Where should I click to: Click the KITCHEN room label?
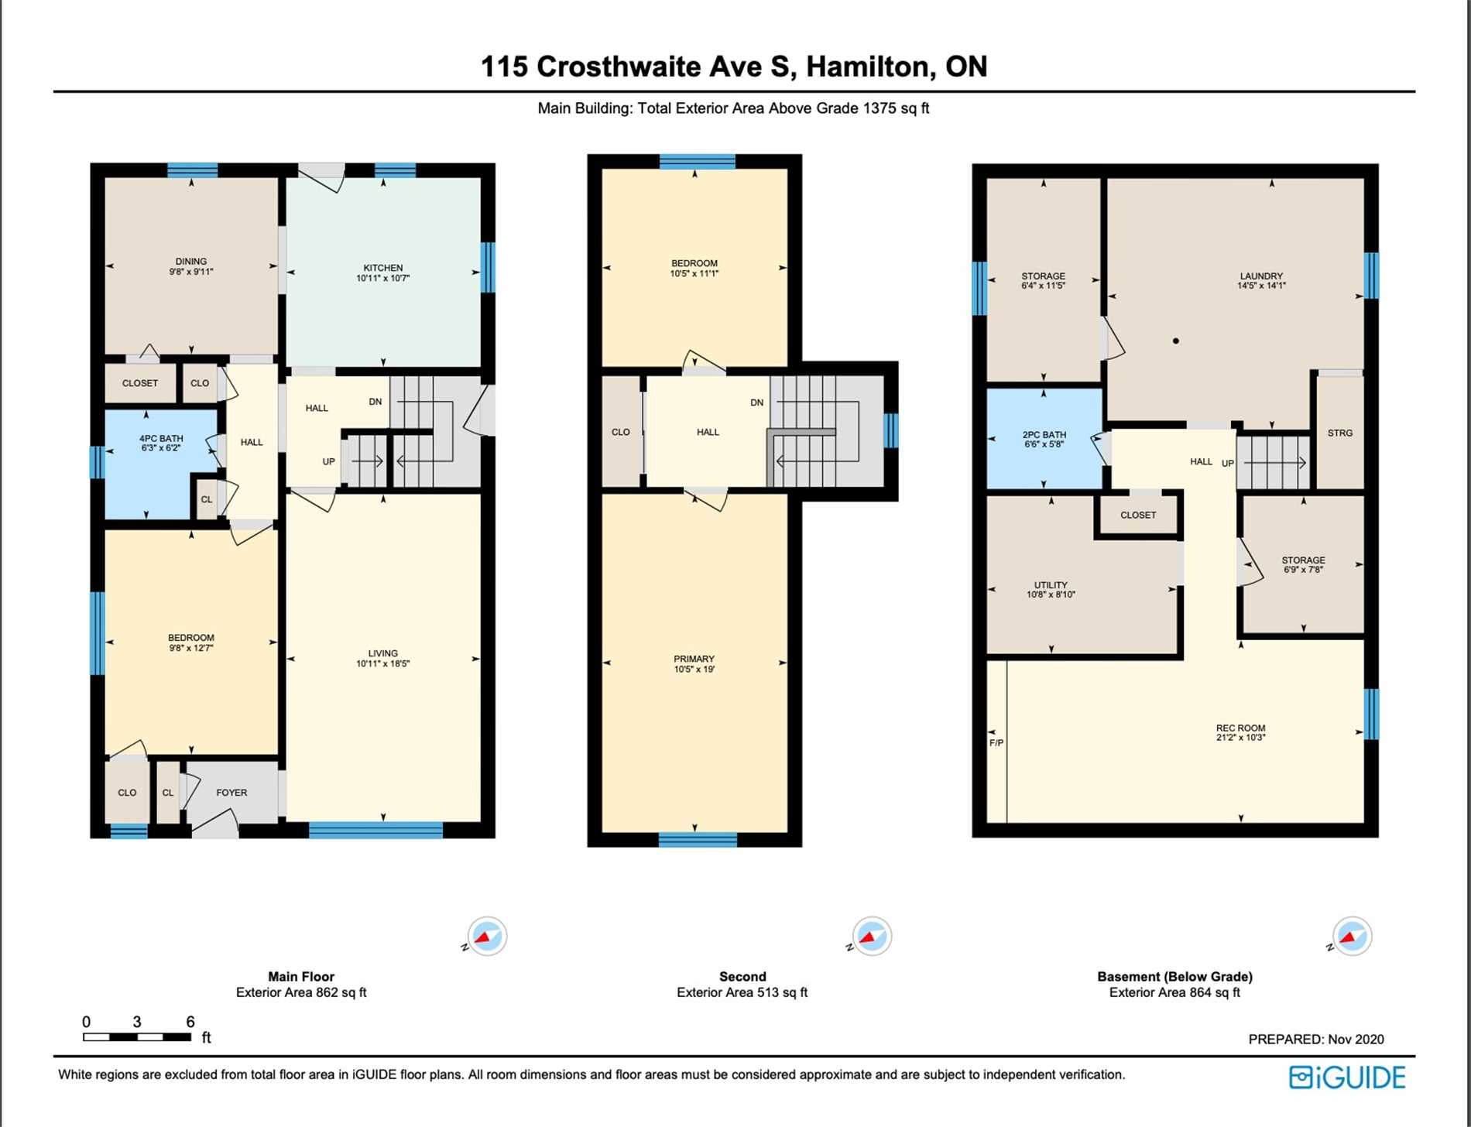pyautogui.click(x=383, y=268)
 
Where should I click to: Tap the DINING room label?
pyautogui.click(x=191, y=262)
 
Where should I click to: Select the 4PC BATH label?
pyautogui.click(x=161, y=438)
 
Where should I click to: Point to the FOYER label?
pyautogui.click(x=231, y=793)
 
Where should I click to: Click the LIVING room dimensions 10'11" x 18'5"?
pyautogui.click(x=383, y=663)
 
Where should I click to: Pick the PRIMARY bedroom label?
pyautogui.click(x=694, y=659)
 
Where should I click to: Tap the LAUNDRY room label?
pyautogui.click(x=1261, y=276)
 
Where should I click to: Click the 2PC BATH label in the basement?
pyautogui.click(x=1044, y=435)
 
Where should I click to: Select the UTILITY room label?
pyautogui.click(x=1051, y=585)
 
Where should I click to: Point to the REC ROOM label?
pyautogui.click(x=1240, y=728)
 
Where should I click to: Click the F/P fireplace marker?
pyautogui.click(x=996, y=743)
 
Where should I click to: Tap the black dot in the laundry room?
pyautogui.click(x=1176, y=341)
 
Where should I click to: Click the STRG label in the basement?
pyautogui.click(x=1340, y=433)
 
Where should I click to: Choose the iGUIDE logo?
pyautogui.click(x=1347, y=1077)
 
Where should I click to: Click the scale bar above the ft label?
pyautogui.click(x=137, y=1037)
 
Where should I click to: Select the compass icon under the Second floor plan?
pyautogui.click(x=872, y=937)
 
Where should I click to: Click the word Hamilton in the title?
pyautogui.click(x=867, y=67)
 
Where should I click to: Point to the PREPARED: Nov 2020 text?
pyautogui.click(x=1316, y=1040)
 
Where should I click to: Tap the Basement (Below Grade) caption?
pyautogui.click(x=1174, y=977)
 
